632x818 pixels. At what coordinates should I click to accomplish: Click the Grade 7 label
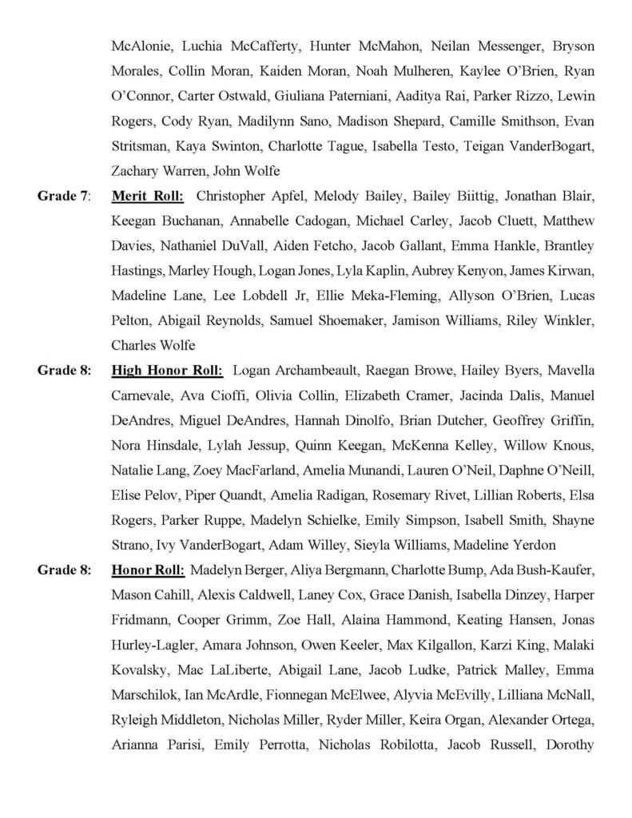pyautogui.click(x=64, y=196)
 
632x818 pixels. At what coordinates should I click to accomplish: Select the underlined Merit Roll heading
pyautogui.click(x=148, y=196)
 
